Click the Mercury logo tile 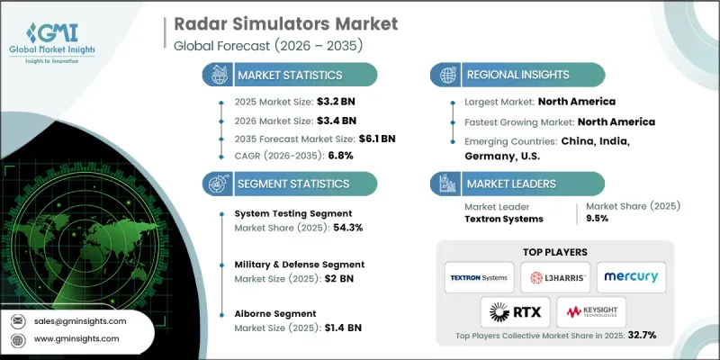[x=631, y=277]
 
